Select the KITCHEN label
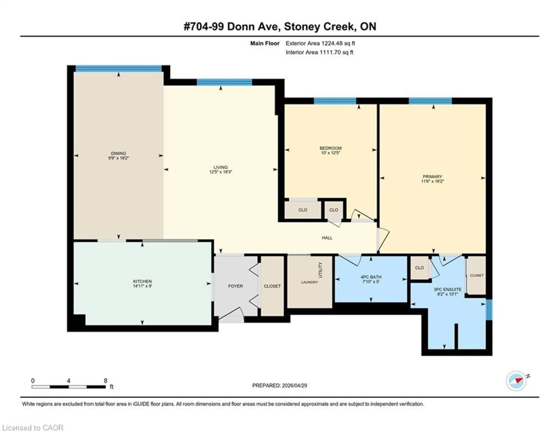tap(142, 281)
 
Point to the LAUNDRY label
tap(309, 282)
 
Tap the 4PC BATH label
tap(371, 277)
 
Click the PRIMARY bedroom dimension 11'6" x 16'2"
tap(432, 181)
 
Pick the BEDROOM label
tap(330, 148)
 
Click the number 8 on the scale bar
tap(105, 381)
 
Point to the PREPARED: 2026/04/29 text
tap(279, 385)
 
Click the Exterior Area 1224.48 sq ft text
tap(320, 43)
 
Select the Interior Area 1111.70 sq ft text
tap(319, 52)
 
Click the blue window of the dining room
tap(118, 68)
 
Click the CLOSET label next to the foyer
tap(272, 286)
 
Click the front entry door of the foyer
tap(230, 315)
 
